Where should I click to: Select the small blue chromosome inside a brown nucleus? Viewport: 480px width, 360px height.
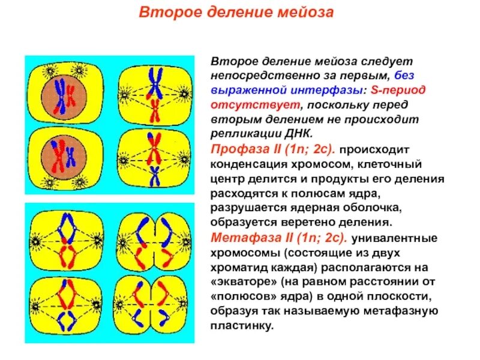pyautogui.click(x=71, y=157)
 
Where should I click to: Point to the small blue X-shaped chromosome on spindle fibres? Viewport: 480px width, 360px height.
pyautogui.click(x=155, y=175)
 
